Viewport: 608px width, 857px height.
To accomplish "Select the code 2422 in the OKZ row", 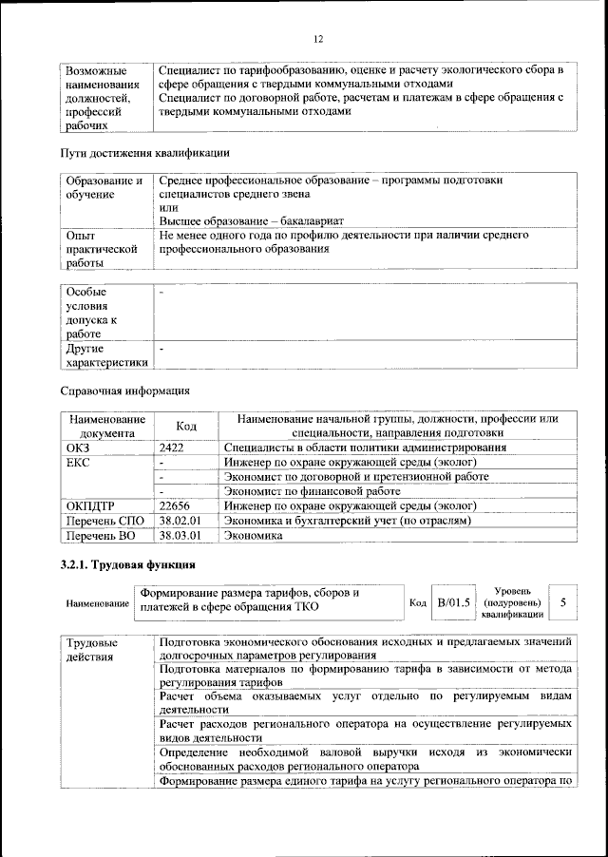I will coord(172,447).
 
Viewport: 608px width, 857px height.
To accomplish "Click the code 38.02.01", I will coord(179,521).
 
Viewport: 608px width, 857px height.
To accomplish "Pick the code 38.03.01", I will coord(179,536).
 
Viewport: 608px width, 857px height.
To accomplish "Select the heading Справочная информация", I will coord(124,390).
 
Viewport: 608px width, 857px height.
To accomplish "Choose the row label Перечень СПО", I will coord(104,521).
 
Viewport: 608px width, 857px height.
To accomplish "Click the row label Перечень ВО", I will coord(102,536).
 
